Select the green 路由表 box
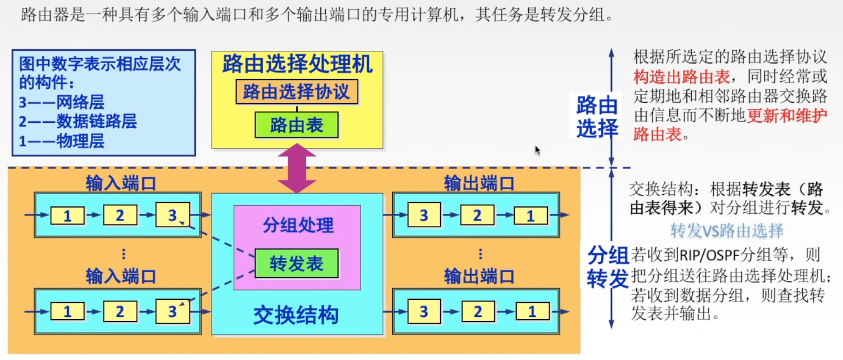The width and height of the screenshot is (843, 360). click(x=296, y=125)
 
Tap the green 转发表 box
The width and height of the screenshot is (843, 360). click(x=296, y=263)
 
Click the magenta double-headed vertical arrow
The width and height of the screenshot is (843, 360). click(x=297, y=168)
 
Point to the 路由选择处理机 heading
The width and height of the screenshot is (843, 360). click(x=297, y=65)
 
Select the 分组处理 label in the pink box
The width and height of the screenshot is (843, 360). click(x=297, y=225)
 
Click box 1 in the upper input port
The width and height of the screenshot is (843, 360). click(x=68, y=215)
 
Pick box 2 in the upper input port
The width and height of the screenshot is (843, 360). click(x=120, y=215)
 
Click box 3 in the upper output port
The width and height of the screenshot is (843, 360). click(x=423, y=215)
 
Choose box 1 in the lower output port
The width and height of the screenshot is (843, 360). click(x=532, y=311)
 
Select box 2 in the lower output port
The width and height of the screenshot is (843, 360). click(x=477, y=311)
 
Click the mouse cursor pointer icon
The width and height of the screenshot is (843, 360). click(x=537, y=150)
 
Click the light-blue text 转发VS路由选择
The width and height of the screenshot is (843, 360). click(x=727, y=231)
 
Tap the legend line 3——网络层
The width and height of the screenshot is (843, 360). click(x=61, y=102)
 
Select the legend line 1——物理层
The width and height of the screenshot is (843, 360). click(x=61, y=141)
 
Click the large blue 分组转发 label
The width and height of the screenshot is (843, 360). click(x=608, y=267)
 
